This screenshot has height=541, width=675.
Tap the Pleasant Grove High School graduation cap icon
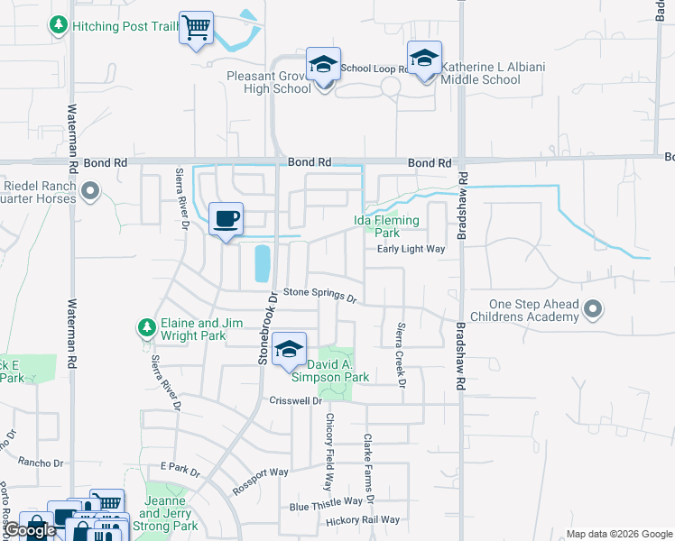[x=323, y=65]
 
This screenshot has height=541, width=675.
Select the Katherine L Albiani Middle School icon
[x=424, y=59]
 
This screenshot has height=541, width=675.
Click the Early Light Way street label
[x=411, y=249]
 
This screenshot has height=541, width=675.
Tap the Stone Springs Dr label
[x=321, y=293]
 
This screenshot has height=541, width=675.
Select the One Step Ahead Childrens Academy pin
[x=593, y=310]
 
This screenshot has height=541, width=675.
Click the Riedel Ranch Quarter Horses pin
[x=90, y=191]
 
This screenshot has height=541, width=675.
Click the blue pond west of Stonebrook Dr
[x=262, y=262]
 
